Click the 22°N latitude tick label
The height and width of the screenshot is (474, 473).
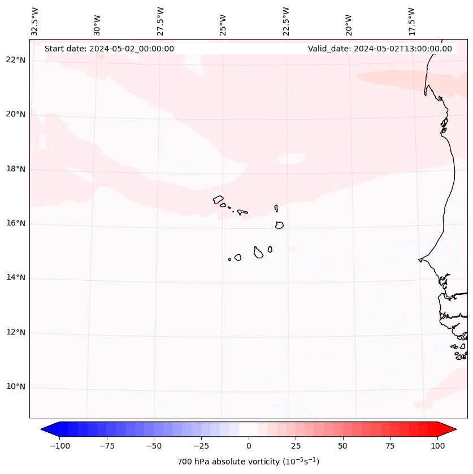coord(16,60)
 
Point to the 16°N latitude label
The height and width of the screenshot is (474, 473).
coord(16,224)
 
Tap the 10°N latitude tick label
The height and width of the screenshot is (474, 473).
coord(16,387)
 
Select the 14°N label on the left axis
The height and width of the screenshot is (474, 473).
coord(16,278)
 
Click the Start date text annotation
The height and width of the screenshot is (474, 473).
coord(109,49)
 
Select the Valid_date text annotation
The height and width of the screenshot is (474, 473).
coord(380,49)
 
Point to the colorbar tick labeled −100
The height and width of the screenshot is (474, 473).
coord(59,446)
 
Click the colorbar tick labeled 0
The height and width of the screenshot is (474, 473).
coord(249,446)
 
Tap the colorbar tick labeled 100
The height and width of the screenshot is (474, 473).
coord(437,446)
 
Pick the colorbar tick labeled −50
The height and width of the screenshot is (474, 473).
coord(154,446)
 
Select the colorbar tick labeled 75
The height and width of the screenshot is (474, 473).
coord(390,446)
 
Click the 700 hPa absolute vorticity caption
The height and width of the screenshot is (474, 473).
coord(248,462)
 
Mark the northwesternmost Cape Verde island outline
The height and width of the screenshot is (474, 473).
coord(218,199)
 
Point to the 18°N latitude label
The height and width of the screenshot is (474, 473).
coord(16,169)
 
